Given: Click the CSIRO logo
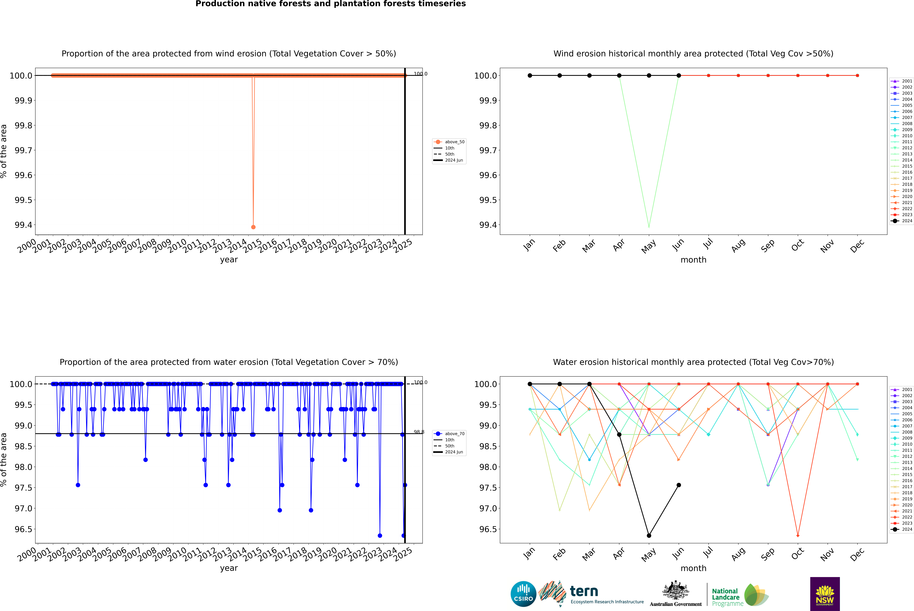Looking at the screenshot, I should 523,594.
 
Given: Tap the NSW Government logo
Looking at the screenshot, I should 825,594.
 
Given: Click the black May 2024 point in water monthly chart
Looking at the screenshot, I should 649,535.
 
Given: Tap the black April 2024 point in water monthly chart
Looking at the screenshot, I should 619,435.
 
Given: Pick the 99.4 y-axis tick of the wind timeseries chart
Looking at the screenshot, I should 23,225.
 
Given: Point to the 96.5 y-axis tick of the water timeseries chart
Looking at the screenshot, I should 23,529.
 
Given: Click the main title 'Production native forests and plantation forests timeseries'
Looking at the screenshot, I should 330,4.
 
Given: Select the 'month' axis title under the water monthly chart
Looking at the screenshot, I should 693,568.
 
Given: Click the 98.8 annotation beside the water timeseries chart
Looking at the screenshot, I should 419,432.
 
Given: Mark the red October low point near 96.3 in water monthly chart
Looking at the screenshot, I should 798,535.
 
